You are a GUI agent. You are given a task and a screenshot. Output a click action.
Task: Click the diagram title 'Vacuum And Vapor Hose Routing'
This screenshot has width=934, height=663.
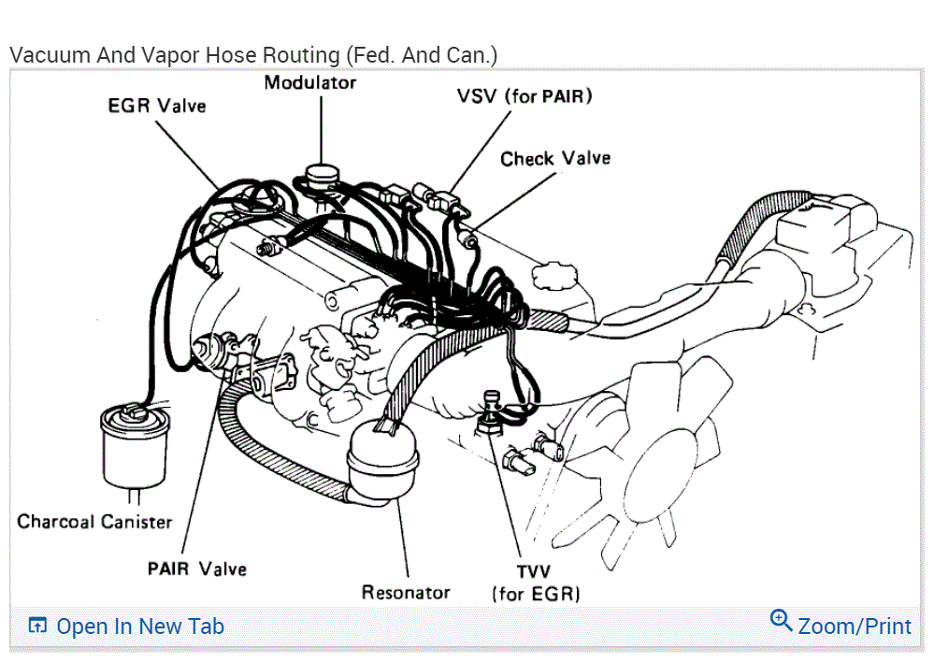(252, 55)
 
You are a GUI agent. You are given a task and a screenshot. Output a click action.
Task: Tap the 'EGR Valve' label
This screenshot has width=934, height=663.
(156, 106)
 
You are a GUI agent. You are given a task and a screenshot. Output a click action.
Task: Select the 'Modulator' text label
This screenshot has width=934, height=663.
(309, 82)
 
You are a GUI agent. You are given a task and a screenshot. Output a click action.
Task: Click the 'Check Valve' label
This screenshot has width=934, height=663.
(554, 159)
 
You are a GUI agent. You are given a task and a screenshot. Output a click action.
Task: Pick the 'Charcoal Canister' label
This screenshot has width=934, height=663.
(94, 521)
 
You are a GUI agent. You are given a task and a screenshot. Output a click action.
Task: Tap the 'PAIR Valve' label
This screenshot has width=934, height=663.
(196, 569)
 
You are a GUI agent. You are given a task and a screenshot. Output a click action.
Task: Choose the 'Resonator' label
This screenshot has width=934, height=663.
(406, 592)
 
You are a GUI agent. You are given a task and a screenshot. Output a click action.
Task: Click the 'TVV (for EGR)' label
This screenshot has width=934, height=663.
(536, 583)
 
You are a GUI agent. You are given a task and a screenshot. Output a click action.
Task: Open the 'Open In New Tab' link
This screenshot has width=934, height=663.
(140, 627)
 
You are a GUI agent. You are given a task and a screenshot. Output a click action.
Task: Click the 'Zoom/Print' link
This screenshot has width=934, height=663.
(854, 626)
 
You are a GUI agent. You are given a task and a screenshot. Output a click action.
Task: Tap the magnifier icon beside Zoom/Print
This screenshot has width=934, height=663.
(781, 620)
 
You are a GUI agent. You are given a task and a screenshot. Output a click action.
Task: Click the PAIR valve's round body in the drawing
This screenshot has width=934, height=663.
(208, 353)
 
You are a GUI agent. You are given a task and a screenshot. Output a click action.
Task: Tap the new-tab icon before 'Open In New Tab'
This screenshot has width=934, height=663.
(37, 627)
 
